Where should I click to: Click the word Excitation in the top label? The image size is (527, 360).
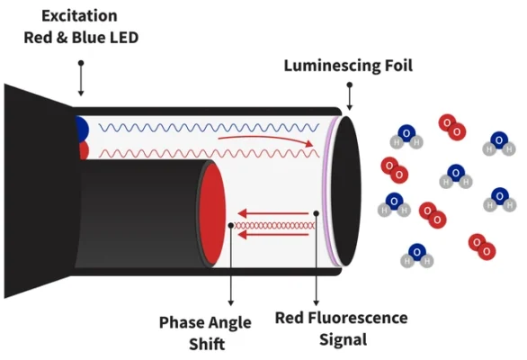[x=79, y=16]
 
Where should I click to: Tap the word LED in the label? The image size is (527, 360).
[x=124, y=37]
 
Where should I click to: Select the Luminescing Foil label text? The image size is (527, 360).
[x=348, y=66]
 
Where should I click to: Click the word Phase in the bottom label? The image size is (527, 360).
[x=181, y=322]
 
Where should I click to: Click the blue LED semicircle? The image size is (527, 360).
[x=82, y=129]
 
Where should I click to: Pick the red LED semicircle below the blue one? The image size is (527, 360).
[x=84, y=150]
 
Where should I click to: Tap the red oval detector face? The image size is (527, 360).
[x=212, y=213]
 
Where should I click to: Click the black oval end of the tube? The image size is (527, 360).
[x=346, y=191]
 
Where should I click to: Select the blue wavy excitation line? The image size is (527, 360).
[x=209, y=128]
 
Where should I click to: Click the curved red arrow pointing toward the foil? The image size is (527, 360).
[x=265, y=139]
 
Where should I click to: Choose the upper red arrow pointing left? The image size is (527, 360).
[x=272, y=213]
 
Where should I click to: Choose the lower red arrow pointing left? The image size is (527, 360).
[x=272, y=235]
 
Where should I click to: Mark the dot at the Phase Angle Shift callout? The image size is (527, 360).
[x=230, y=225]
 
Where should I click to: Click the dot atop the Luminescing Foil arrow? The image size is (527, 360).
[x=350, y=85]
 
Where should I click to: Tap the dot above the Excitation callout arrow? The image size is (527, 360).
[x=81, y=63]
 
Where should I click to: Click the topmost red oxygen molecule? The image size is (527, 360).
[x=452, y=128]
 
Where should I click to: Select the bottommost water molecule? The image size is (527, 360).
[x=416, y=256]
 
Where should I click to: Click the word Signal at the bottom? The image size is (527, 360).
[x=343, y=339]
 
